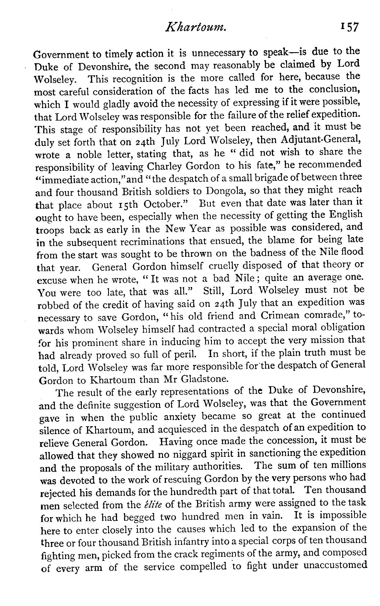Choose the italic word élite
coord(152,504)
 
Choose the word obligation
coord(344,328)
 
